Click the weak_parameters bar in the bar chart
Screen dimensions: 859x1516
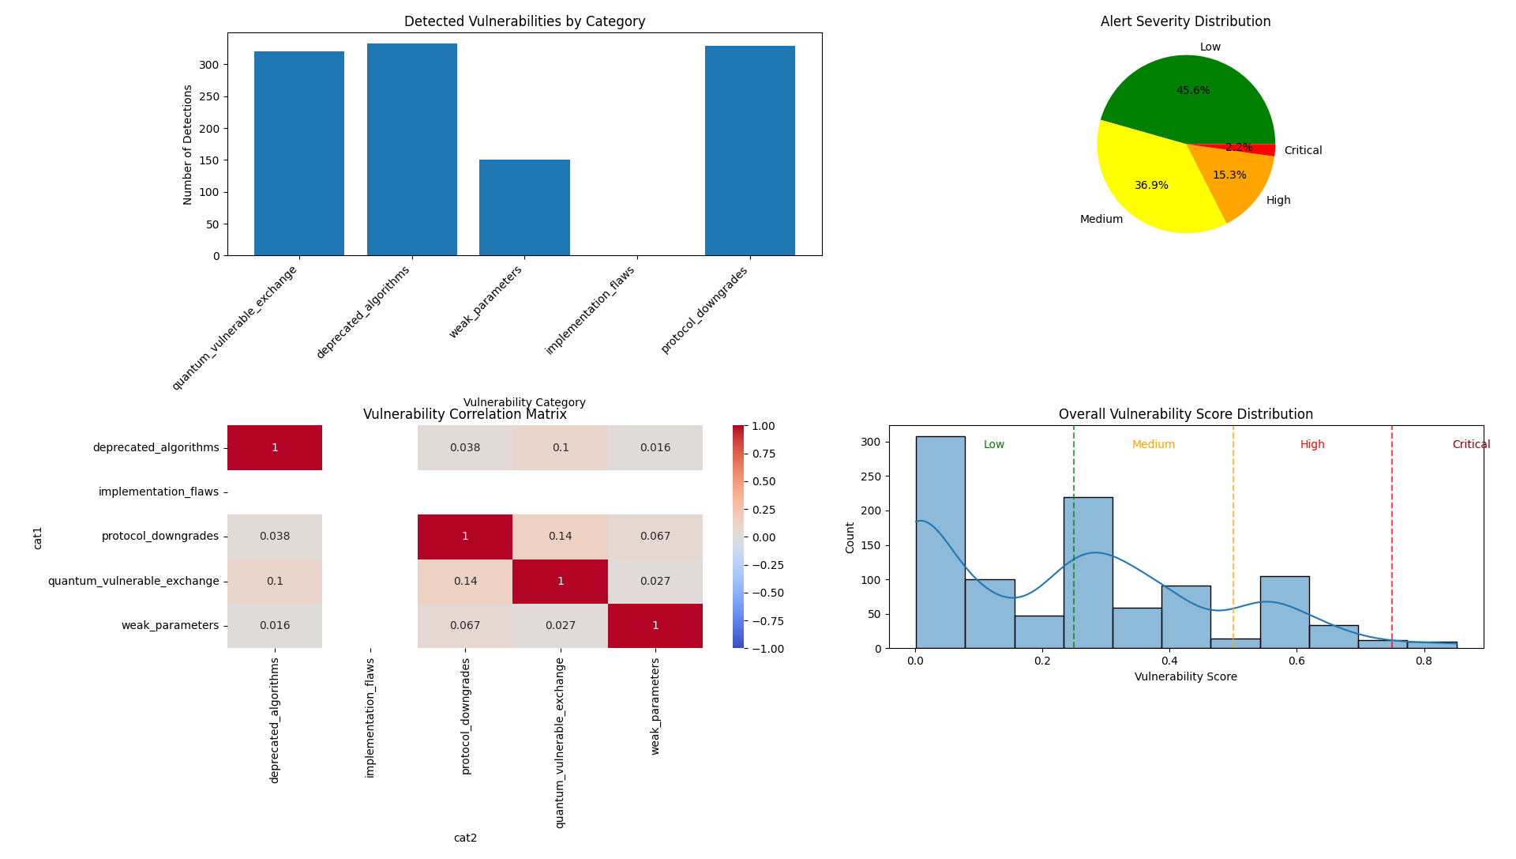click(x=524, y=208)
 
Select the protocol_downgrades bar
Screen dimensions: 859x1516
click(x=749, y=151)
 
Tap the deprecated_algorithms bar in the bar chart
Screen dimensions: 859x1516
click(x=411, y=149)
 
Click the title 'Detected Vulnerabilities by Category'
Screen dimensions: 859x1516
click(x=524, y=21)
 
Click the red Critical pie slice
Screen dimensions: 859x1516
click(x=1266, y=149)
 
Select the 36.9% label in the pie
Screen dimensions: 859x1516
click(x=1151, y=186)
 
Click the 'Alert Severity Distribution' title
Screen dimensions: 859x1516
click(x=1185, y=21)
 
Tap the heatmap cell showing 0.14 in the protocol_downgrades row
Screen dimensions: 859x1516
click(x=560, y=537)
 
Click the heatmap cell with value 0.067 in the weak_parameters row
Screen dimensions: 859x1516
click(x=465, y=626)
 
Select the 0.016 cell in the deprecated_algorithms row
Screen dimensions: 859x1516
click(x=655, y=448)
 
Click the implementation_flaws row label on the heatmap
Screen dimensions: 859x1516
click(x=158, y=492)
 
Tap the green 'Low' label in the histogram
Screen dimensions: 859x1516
click(x=993, y=445)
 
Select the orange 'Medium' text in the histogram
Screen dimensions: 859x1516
click(x=1153, y=445)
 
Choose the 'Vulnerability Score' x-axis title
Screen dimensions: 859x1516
click(x=1185, y=677)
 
